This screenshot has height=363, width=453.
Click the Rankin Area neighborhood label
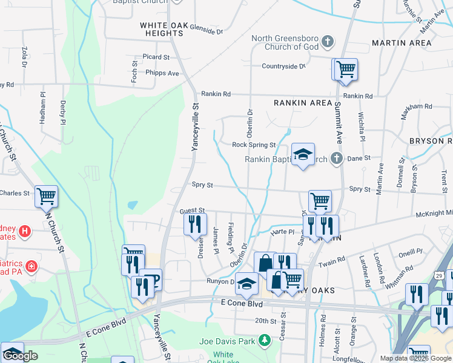[x=303, y=103]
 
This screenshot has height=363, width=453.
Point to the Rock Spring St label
[x=254, y=145]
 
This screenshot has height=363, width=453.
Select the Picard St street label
[x=156, y=57]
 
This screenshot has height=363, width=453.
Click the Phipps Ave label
[x=162, y=73]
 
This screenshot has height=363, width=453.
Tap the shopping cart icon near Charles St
[x=46, y=196]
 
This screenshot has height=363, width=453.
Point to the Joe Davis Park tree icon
[x=264, y=341]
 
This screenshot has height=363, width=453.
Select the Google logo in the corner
[x=21, y=356]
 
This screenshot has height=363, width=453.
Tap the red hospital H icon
[x=24, y=231]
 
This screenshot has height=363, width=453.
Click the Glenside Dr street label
[x=207, y=28]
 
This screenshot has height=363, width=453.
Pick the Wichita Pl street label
[x=361, y=126]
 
